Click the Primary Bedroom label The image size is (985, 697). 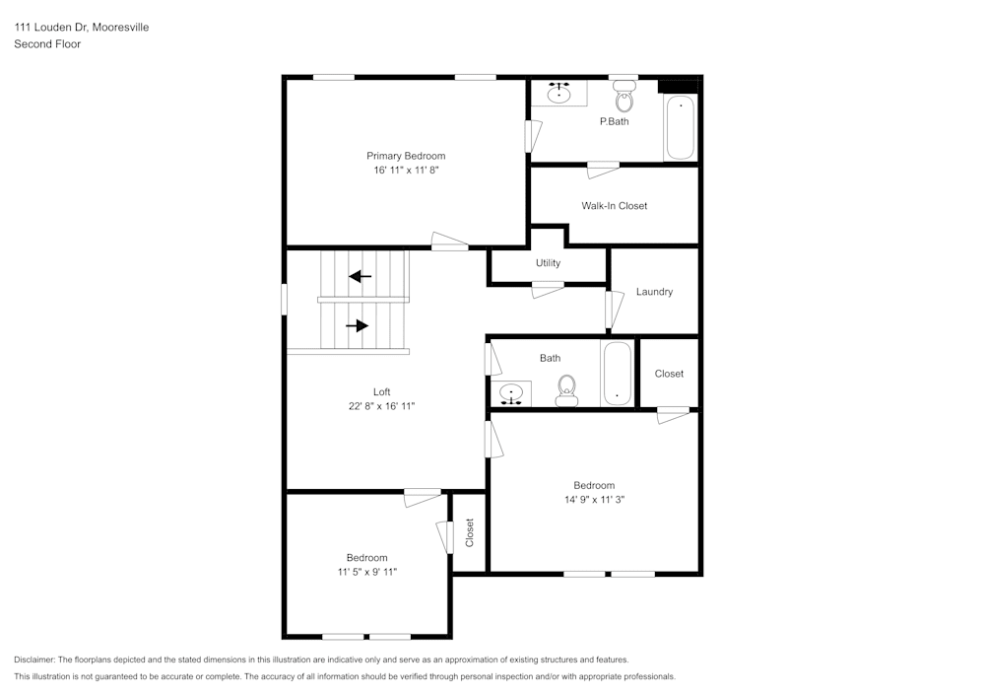click(x=406, y=156)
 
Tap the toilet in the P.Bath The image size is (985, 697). click(x=624, y=98)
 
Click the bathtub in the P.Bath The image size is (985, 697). click(x=680, y=127)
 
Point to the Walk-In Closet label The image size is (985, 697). click(x=614, y=206)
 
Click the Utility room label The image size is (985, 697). click(x=548, y=263)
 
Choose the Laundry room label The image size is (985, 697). click(x=654, y=292)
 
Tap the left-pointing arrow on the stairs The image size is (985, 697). click(x=361, y=276)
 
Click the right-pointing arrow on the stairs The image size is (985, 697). click(x=358, y=325)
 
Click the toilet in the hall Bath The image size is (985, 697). click(x=566, y=390)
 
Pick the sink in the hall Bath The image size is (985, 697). click(x=511, y=394)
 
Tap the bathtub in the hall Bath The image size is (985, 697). click(x=618, y=374)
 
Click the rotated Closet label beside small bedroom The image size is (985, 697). click(x=470, y=532)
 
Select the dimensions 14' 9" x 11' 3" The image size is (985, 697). click(x=594, y=500)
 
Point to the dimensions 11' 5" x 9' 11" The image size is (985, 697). click(x=366, y=572)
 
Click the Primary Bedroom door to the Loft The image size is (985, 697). click(x=449, y=243)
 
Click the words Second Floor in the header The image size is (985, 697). click(x=47, y=44)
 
